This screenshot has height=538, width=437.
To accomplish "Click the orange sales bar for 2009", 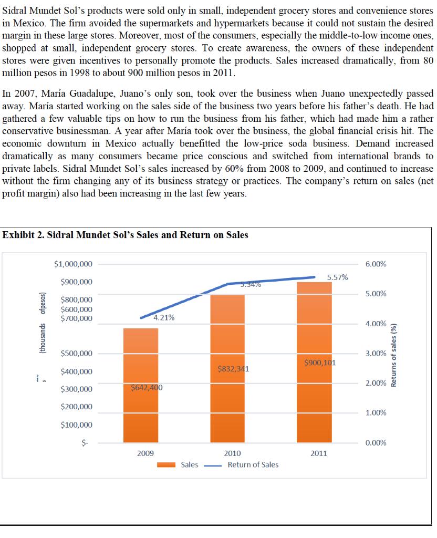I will tap(140, 405).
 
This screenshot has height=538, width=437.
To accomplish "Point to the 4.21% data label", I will tap(164, 317).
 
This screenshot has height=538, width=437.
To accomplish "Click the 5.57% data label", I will tap(337, 277).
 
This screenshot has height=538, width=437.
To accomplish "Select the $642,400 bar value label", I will tap(147, 388).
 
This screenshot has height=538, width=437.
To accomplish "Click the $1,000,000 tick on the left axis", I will tap(74, 264).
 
